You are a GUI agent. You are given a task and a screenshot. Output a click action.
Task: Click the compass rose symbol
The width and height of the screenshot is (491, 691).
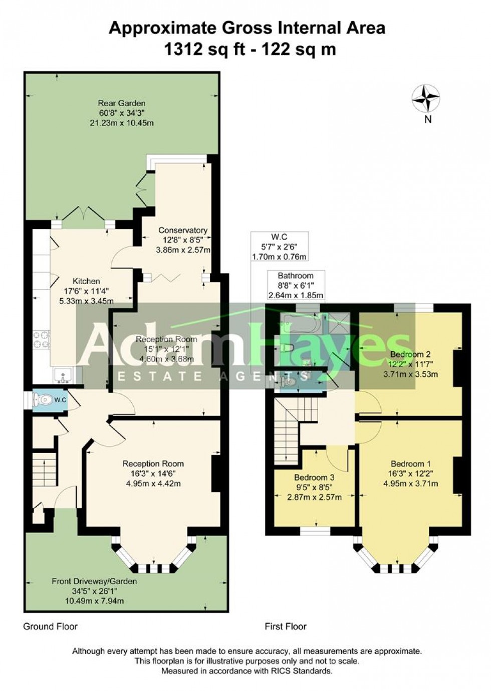coord(425,98)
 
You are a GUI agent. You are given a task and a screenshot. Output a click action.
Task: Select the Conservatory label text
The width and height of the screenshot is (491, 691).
coord(182,231)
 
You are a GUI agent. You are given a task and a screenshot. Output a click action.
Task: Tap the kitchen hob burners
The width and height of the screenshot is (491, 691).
coord(42,340)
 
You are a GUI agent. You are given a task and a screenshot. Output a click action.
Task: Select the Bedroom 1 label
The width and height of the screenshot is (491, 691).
coord(410,464)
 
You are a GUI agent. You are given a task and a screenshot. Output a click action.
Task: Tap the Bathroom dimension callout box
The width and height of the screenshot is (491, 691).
coord(296,285)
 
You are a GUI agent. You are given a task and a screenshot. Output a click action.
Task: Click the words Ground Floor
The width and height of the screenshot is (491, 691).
coord(51,626)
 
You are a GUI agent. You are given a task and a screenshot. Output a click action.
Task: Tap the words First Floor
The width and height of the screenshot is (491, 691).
coord(286,626)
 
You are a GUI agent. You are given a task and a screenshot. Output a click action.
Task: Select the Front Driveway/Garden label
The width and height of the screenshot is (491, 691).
coord(94,582)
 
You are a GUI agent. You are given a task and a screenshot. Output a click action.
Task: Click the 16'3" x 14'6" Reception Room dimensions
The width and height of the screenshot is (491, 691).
coord(153,473)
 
